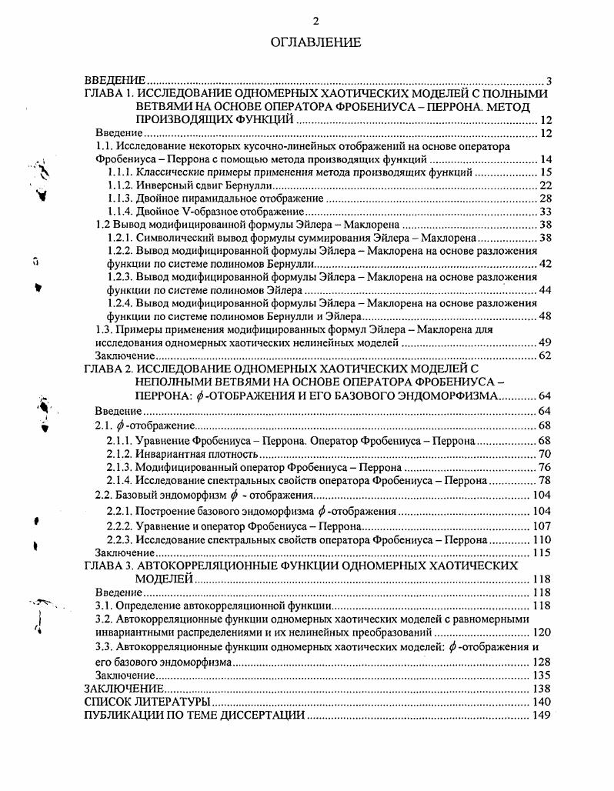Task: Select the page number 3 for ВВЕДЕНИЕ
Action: click(549, 80)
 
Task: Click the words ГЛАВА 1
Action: click(109, 93)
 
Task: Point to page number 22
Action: click(546, 185)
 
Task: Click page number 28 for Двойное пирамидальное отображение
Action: click(546, 199)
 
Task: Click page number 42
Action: click(546, 264)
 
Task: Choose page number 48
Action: click(546, 316)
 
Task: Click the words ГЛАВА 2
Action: click(109, 369)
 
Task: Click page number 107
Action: click(542, 527)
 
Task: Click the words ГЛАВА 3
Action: click(109, 566)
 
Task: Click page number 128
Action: click(542, 662)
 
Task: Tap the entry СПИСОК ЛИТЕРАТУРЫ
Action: click(146, 702)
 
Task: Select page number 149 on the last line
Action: click(542, 715)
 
